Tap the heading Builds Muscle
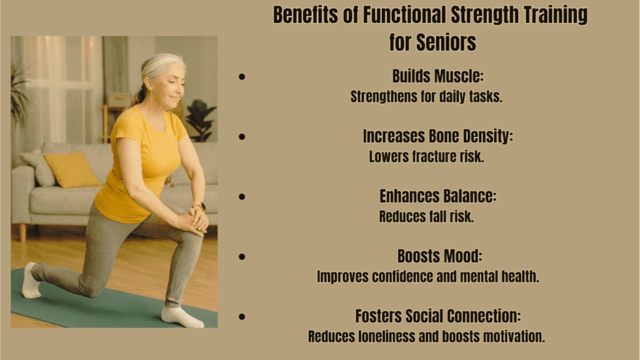click(x=438, y=76)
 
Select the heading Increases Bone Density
click(x=437, y=136)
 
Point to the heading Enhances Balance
click(x=437, y=196)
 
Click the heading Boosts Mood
click(x=439, y=256)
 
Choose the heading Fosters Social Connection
click(x=437, y=316)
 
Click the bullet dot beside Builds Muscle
click(x=242, y=77)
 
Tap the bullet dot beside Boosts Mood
click(x=242, y=257)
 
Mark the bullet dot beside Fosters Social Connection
click(x=242, y=317)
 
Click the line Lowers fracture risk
click(x=426, y=157)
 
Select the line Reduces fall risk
click(x=426, y=217)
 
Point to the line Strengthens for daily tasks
click(x=426, y=97)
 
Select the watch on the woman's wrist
click(x=199, y=206)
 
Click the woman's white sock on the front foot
click(x=181, y=316)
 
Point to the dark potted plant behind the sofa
click(x=201, y=119)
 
